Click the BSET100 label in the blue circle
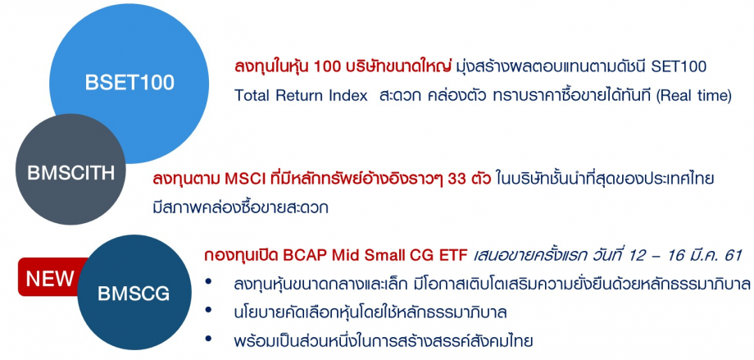(x=129, y=82)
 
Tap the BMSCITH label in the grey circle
(x=71, y=173)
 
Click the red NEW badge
(x=50, y=278)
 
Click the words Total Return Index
(x=301, y=95)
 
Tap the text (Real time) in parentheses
(x=688, y=95)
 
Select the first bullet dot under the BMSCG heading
(x=213, y=283)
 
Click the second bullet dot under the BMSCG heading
(x=213, y=312)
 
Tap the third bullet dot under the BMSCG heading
(x=213, y=339)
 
